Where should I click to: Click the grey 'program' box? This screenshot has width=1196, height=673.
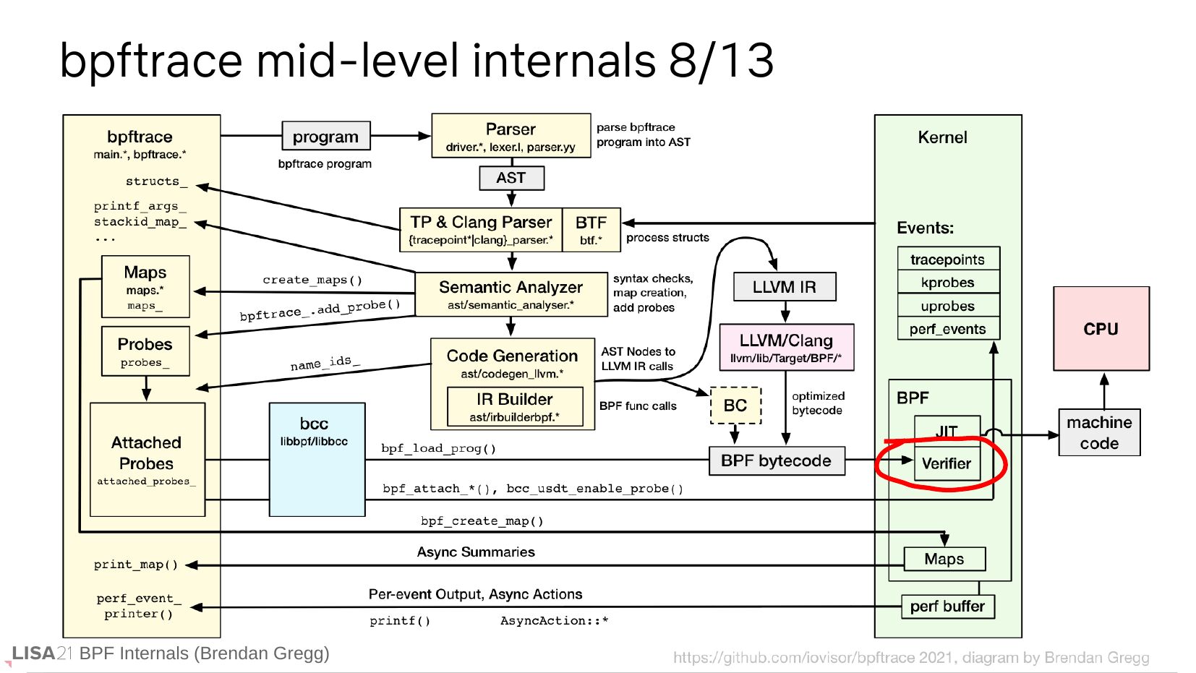325,136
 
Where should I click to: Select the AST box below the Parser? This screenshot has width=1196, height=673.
511,178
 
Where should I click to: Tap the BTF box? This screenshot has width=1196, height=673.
591,230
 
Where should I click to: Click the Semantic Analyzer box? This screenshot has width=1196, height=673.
511,294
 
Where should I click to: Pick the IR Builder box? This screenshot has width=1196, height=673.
515,406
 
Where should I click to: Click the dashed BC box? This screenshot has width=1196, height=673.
735,406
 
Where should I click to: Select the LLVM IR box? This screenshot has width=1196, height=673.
784,287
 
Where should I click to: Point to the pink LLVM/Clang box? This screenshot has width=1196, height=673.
786,347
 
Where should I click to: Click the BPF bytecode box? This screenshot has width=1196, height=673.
777,460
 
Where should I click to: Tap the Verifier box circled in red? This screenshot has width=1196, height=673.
947,464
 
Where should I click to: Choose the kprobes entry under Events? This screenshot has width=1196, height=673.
947,283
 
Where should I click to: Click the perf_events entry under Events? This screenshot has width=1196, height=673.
947,329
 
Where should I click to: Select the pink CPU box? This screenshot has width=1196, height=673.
1101,329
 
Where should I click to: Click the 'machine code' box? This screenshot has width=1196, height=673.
1099,432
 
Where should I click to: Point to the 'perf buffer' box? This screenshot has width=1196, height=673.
947,606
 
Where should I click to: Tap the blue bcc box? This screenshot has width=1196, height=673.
316,459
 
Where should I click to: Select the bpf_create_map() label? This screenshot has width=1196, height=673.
482,520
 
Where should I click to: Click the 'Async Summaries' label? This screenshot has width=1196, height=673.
476,552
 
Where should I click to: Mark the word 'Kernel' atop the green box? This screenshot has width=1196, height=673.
942,137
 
